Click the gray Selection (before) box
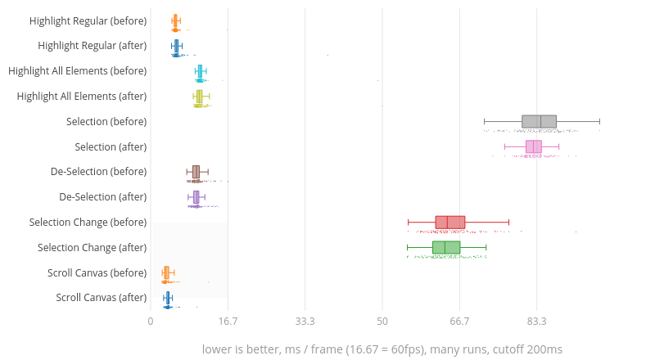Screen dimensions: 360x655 tap(539, 122)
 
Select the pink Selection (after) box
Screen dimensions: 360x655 tap(533, 146)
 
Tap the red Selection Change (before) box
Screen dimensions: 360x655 tap(449, 222)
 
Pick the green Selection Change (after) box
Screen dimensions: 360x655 tap(445, 247)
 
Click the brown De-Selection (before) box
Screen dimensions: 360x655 tap(196, 172)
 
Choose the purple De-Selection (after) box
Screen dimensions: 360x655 tap(196, 197)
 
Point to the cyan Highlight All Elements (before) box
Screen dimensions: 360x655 tap(200, 71)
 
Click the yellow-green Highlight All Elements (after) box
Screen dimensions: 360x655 tap(199, 97)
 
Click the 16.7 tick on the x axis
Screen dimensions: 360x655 tap(228, 321)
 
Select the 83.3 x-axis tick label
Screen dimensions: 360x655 tap(536, 321)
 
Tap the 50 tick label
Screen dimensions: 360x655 tap(382, 321)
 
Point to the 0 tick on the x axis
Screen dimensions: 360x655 tap(151, 321)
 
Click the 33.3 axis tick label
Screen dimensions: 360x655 tap(305, 321)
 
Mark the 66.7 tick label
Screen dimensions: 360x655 tap(459, 321)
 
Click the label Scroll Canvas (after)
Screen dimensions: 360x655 tap(102, 298)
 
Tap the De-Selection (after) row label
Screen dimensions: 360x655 tap(103, 197)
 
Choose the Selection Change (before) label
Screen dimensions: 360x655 tap(88, 223)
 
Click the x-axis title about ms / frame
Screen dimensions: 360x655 tap(382, 349)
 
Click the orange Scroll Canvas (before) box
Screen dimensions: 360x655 tap(166, 272)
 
